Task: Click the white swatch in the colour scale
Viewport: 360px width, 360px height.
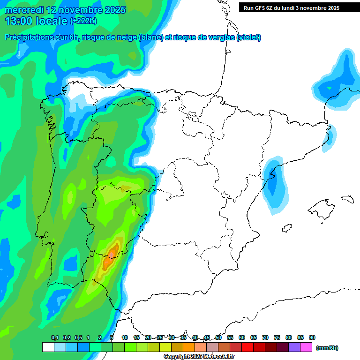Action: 48,347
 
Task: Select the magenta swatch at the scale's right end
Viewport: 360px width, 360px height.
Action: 306,347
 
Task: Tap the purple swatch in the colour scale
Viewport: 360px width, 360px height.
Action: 294,347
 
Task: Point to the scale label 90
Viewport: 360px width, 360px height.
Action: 312,337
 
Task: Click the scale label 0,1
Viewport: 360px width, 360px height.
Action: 55,337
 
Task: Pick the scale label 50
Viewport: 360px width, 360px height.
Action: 218,337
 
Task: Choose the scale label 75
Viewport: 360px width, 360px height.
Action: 277,337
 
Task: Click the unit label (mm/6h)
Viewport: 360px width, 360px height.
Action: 327,348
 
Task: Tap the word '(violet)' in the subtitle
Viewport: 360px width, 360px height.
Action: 248,37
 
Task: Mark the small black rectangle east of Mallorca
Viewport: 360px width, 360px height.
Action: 347,199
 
